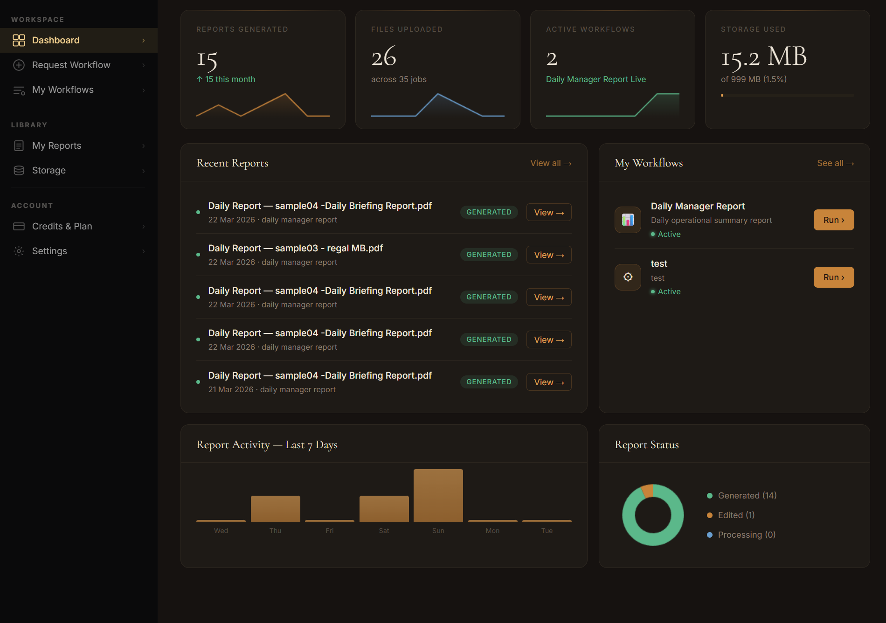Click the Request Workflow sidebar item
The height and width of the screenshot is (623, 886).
71,65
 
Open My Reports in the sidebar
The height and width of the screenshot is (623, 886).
56,145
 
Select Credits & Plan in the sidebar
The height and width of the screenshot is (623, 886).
62,226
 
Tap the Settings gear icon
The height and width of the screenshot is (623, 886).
19,251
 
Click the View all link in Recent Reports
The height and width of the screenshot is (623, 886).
550,163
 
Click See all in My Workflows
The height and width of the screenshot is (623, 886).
835,163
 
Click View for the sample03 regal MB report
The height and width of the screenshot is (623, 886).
548,255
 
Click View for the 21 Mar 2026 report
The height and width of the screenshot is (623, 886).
548,382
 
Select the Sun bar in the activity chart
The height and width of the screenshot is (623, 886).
438,496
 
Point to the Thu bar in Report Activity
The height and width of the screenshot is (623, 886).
275,509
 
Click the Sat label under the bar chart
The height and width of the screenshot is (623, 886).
384,531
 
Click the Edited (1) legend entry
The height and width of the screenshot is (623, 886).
736,515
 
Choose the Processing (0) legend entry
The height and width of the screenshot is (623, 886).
746,534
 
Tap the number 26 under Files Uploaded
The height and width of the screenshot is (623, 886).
384,57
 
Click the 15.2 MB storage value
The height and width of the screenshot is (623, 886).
763,57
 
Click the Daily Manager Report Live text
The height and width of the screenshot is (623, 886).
595,79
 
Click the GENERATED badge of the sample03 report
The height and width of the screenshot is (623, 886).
489,255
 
